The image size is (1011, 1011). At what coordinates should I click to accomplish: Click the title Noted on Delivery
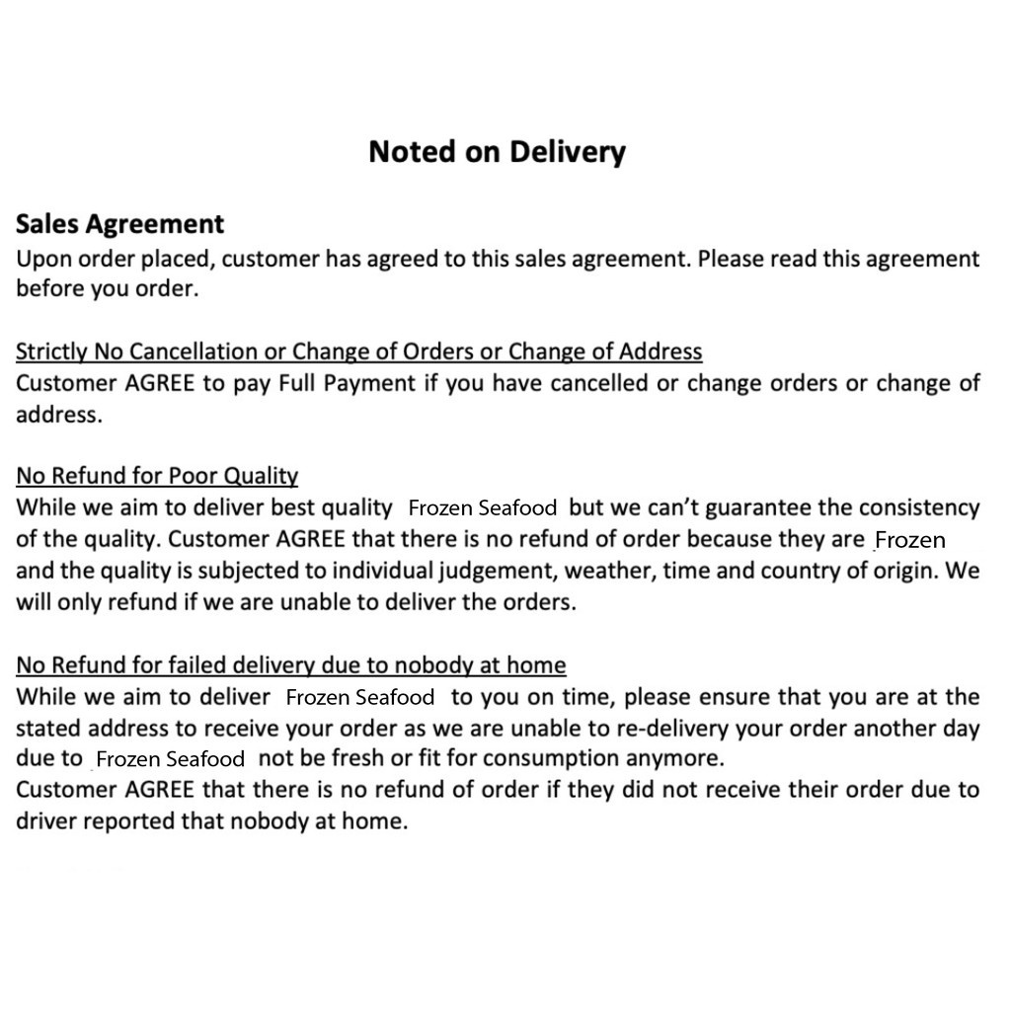tap(497, 152)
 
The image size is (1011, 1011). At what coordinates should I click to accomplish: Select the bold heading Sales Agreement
tap(119, 225)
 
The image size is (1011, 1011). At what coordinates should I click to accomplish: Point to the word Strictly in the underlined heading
tap(50, 351)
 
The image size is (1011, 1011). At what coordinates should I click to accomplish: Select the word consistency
tap(919, 507)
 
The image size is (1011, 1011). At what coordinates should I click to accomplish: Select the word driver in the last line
tap(45, 821)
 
